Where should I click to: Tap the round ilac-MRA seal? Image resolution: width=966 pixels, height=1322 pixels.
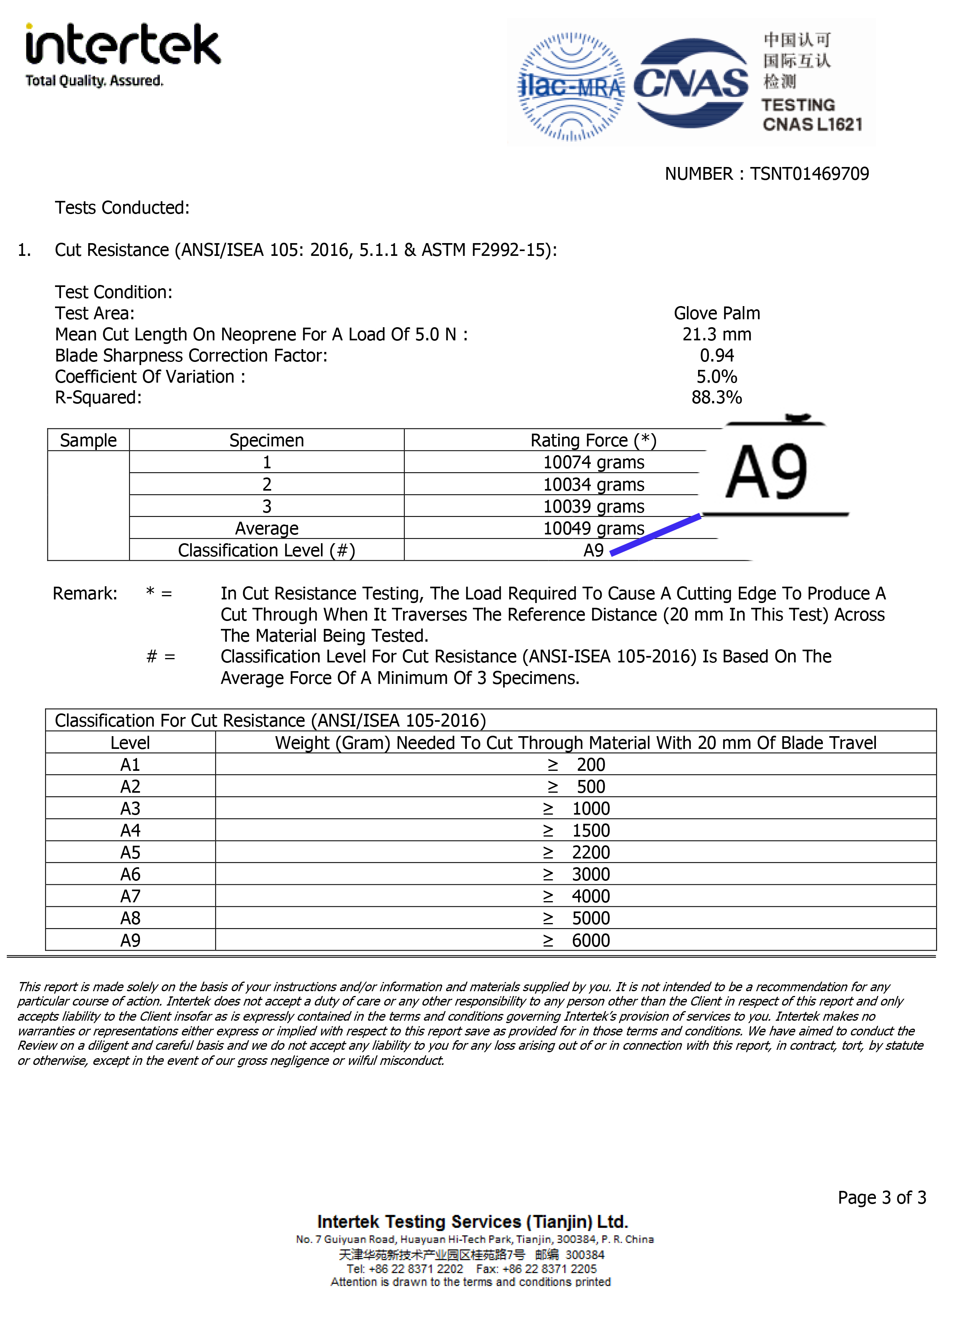click(x=571, y=86)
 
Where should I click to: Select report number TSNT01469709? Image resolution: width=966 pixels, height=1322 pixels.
click(x=809, y=174)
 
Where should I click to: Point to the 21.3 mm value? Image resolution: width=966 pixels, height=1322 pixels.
click(x=716, y=334)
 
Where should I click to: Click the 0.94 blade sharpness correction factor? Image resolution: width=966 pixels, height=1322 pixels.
click(x=716, y=356)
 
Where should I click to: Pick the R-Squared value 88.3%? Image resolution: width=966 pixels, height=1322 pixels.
click(x=716, y=397)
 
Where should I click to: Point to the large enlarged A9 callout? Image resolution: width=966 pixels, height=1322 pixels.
click(x=767, y=472)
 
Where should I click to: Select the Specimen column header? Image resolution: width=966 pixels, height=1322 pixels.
click(x=267, y=440)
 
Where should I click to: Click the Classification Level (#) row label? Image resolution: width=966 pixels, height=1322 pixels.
click(x=267, y=550)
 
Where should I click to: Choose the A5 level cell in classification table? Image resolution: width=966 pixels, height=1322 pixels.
click(x=130, y=853)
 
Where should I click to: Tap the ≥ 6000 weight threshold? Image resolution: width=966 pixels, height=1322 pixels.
click(x=576, y=940)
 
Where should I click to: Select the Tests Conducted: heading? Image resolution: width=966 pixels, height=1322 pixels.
click(x=122, y=208)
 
